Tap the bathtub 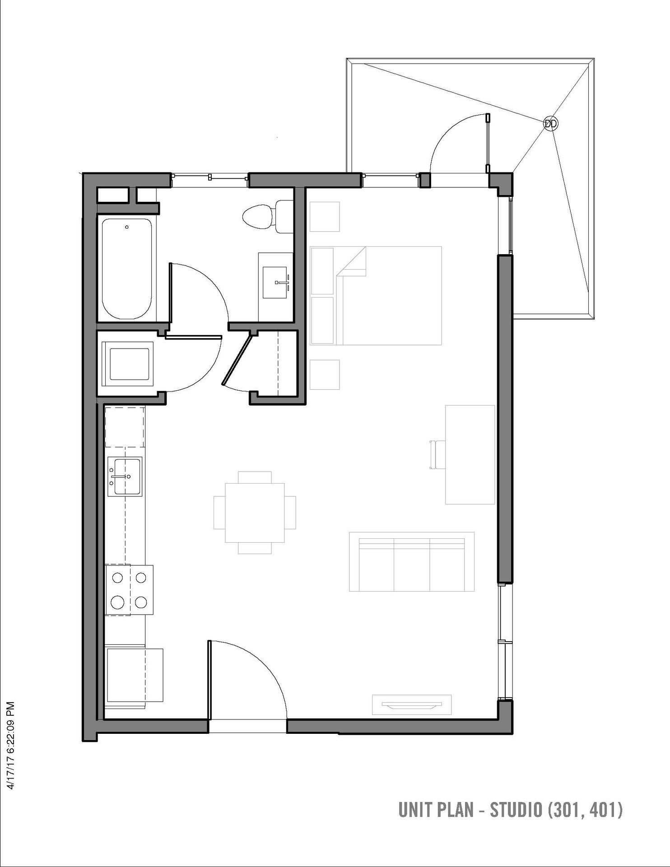[127, 269]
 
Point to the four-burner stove [129, 590]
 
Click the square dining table [255, 513]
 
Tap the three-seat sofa [412, 562]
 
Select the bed [376, 296]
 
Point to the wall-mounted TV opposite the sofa [411, 705]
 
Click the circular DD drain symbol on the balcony [550, 123]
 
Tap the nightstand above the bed [325, 217]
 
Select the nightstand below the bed [325, 374]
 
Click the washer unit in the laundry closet [128, 364]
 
